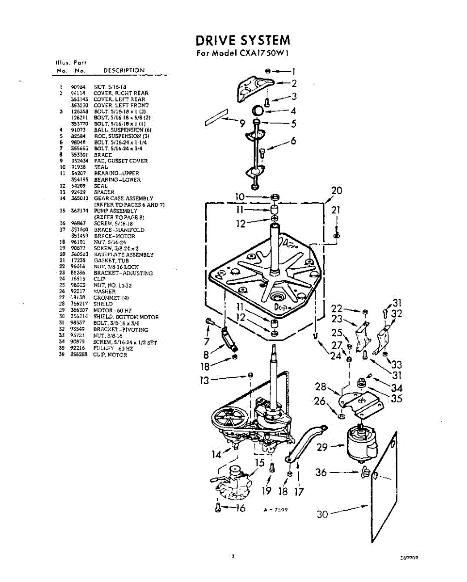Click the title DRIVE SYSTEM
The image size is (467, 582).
(x=243, y=40)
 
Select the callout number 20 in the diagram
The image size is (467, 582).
(x=336, y=191)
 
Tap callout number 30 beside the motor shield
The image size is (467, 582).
(x=322, y=515)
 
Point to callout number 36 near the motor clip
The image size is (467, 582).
(x=321, y=471)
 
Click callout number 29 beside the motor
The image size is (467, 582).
(x=322, y=447)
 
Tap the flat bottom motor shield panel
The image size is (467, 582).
(x=383, y=490)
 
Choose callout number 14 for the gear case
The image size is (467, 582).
(x=216, y=454)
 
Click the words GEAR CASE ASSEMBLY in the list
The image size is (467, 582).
(x=123, y=198)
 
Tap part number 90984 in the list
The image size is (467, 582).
(x=78, y=87)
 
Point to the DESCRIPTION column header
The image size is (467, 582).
(x=124, y=70)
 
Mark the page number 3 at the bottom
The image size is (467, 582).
(x=233, y=556)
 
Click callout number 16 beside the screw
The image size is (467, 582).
(x=240, y=508)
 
